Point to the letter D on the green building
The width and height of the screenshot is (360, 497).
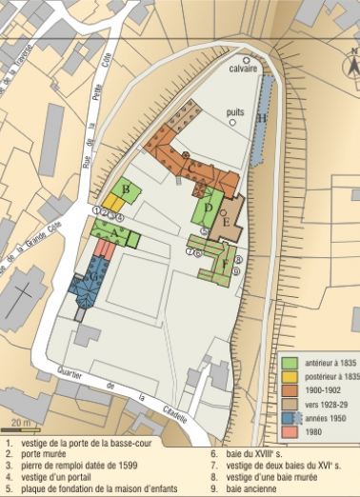[209, 208]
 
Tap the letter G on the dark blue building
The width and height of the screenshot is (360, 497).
[92, 278]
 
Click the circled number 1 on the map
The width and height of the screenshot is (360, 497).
[97, 209]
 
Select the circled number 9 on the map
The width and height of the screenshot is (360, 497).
[236, 270]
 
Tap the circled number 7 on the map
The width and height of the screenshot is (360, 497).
[190, 251]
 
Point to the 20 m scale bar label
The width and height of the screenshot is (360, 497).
[20, 421]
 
